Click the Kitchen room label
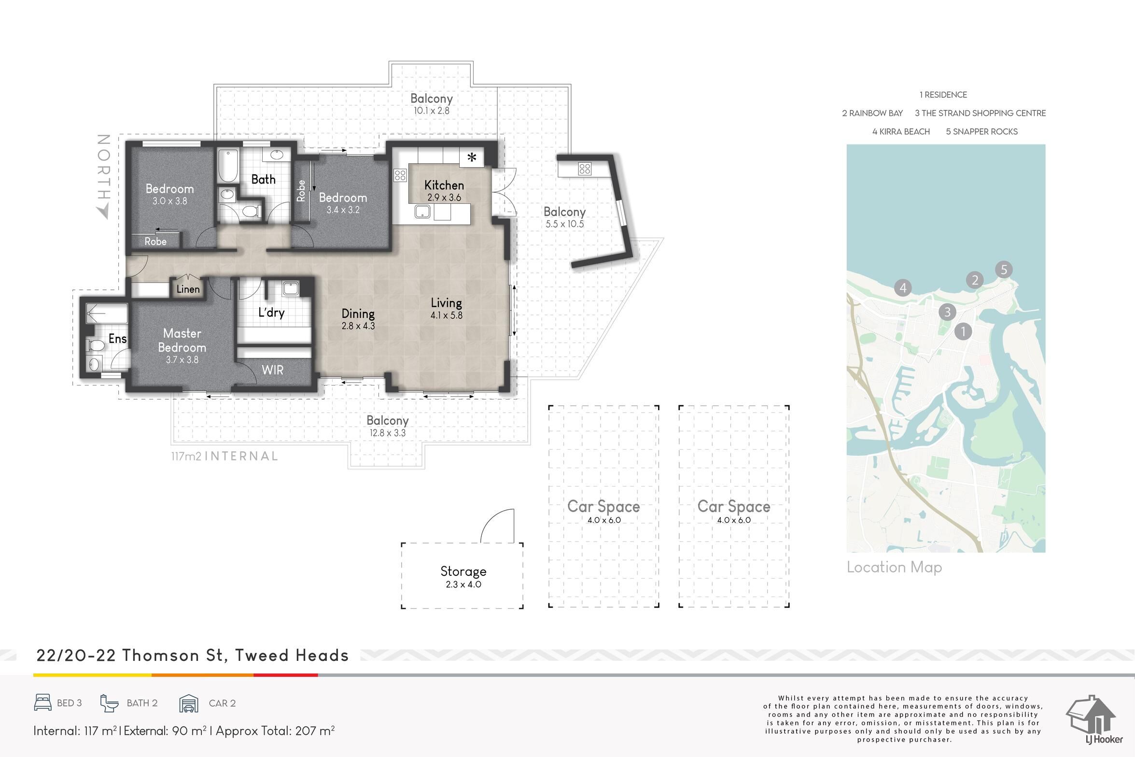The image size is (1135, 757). (444, 185)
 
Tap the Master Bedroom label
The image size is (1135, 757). (182, 341)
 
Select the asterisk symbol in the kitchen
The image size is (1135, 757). (472, 157)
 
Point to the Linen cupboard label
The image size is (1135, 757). (188, 289)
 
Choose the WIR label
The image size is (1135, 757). (272, 370)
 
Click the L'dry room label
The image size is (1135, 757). (271, 313)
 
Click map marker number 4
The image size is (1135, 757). (903, 288)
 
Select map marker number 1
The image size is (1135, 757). (963, 331)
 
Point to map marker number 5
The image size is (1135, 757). (1004, 270)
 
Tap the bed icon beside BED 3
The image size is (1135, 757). (43, 702)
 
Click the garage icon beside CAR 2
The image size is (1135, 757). (189, 703)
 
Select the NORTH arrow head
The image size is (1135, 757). (103, 212)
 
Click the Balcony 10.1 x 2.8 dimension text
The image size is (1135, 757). (432, 111)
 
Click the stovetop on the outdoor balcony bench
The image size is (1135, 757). (585, 169)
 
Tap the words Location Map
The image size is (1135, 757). (895, 568)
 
